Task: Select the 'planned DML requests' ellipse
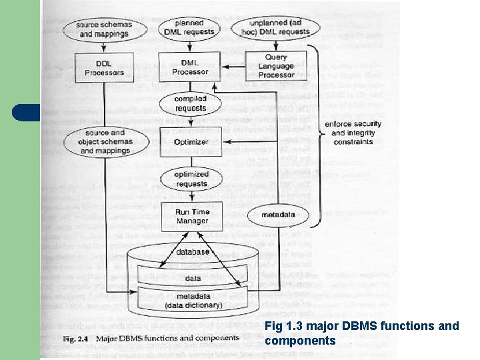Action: pyautogui.click(x=190, y=27)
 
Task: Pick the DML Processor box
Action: pyautogui.click(x=190, y=67)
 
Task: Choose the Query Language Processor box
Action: pyautogui.click(x=275, y=66)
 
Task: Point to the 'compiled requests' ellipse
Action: pyautogui.click(x=191, y=103)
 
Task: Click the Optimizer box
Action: pyautogui.click(x=191, y=142)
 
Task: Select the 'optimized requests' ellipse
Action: pyautogui.click(x=191, y=179)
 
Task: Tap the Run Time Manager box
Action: pyautogui.click(x=192, y=217)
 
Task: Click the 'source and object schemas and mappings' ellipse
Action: pyautogui.click(x=105, y=142)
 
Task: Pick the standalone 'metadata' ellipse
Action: pyautogui.click(x=278, y=215)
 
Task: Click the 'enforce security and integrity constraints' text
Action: pyautogui.click(x=353, y=133)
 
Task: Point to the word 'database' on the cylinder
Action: pyautogui.click(x=193, y=252)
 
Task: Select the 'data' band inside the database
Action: pyautogui.click(x=193, y=278)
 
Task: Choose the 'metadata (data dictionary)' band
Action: pyautogui.click(x=193, y=301)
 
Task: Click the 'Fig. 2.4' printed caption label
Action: pyautogui.click(x=75, y=338)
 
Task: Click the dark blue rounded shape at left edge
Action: pyautogui.click(x=27, y=113)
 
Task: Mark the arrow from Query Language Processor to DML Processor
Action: pyautogui.click(x=233, y=66)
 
